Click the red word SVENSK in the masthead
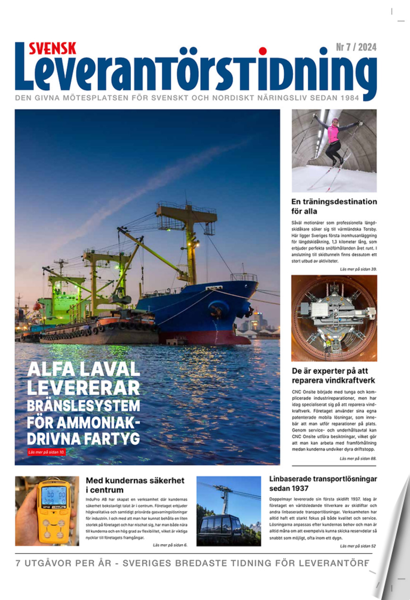[x=52, y=48]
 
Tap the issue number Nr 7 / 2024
[x=356, y=47]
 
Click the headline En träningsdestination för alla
[x=334, y=206]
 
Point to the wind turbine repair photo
[x=334, y=318]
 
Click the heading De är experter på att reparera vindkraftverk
[x=334, y=376]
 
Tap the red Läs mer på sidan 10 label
[x=47, y=453]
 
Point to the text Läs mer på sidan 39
[x=358, y=269]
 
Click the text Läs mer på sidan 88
[x=358, y=459]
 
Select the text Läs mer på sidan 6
[x=170, y=545]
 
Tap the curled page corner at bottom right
[x=392, y=559]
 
